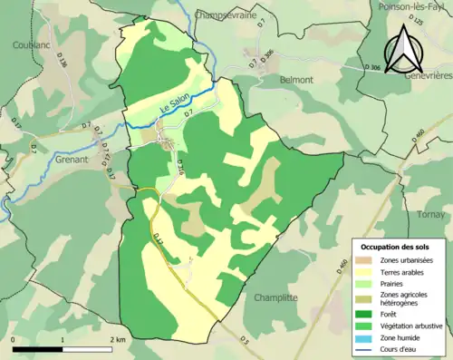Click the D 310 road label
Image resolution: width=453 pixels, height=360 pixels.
(179, 169)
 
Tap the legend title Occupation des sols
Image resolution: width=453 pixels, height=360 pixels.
(395, 247)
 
